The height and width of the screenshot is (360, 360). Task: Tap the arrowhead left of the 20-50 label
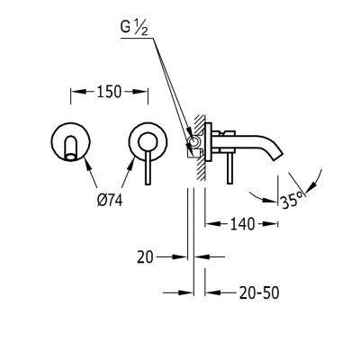(212, 292)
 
